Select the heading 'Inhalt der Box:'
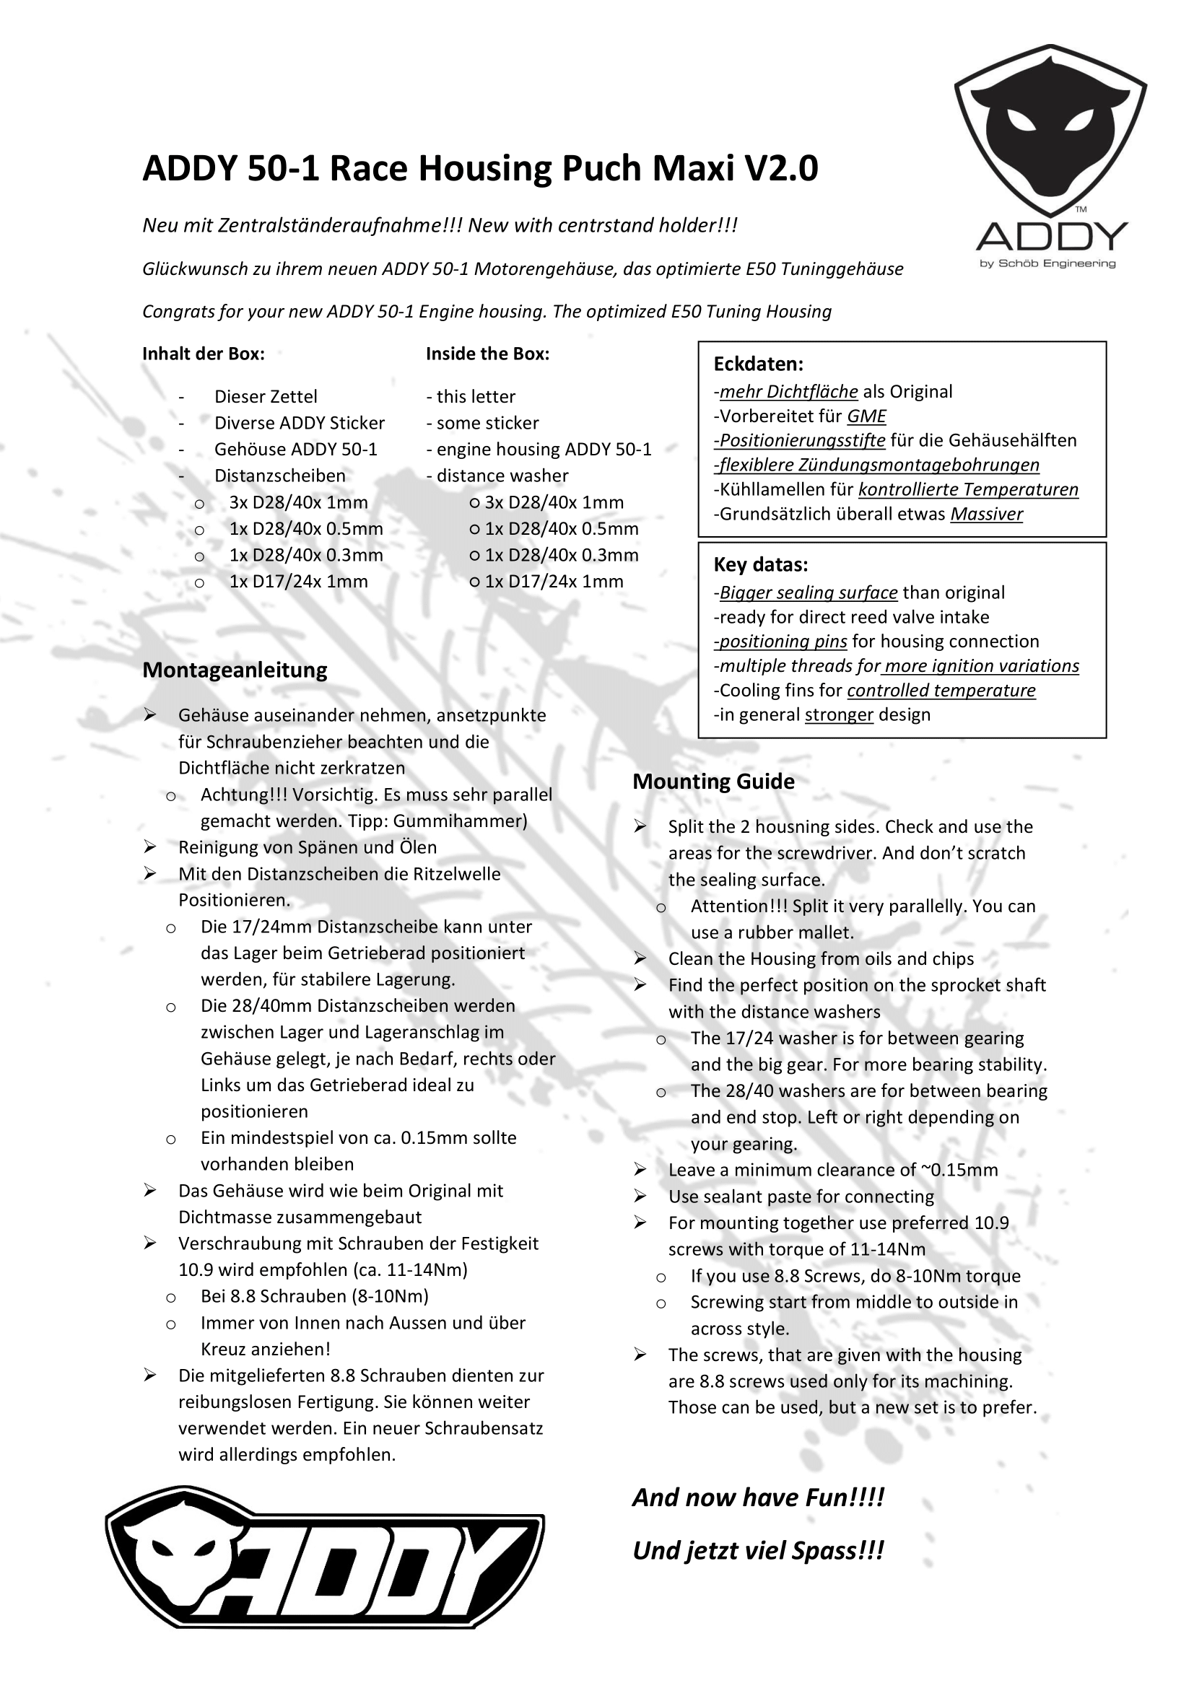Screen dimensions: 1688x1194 pos(204,354)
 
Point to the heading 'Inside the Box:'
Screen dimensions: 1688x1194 pos(487,354)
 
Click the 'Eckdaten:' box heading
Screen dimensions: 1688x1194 pos(758,364)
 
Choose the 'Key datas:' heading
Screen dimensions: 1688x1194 pos(760,564)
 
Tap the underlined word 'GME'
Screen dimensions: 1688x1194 pos(866,416)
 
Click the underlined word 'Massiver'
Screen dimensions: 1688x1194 pos(986,514)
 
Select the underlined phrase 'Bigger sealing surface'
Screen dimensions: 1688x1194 pos(808,592)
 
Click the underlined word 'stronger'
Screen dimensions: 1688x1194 pos(839,714)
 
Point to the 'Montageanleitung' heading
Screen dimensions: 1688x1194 pos(235,670)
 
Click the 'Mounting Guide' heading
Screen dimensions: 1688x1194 pos(713,782)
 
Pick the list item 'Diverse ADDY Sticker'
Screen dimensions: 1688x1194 pos(300,424)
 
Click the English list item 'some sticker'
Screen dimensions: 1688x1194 pos(487,424)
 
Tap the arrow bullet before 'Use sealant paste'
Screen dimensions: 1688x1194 pos(640,1196)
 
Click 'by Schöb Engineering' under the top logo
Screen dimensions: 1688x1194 pos(1047,264)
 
